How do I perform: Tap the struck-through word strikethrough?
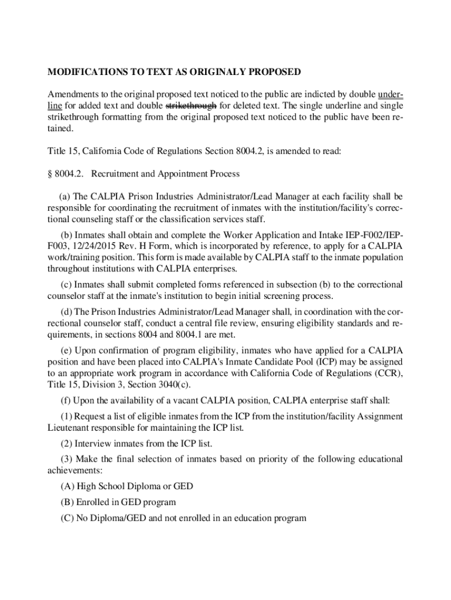192,106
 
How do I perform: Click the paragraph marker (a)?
65,197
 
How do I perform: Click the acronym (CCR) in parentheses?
387,373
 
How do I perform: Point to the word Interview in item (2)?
93,443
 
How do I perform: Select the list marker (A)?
67,487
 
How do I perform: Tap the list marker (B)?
67,502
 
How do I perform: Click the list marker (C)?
67,518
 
